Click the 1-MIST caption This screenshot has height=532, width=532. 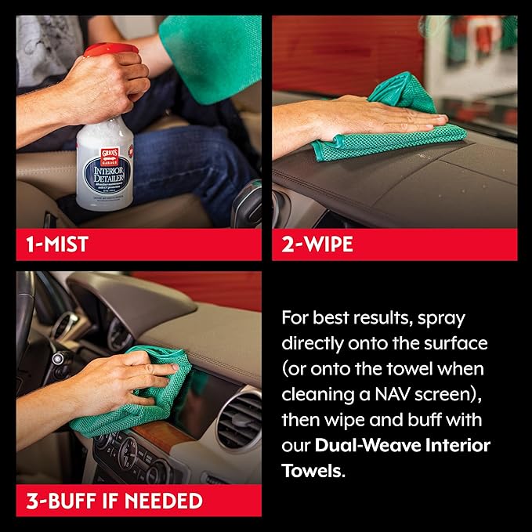click(52, 244)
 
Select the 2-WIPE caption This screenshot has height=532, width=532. click(317, 244)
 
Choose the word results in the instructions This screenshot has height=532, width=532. click(398, 318)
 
